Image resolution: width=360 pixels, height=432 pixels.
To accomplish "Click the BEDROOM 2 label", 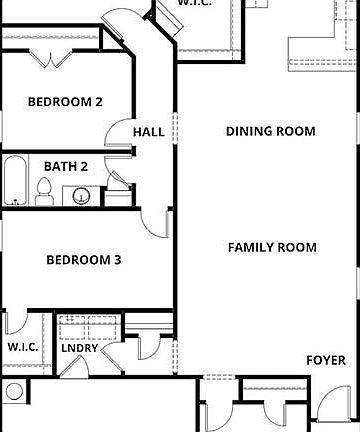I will click(64, 101).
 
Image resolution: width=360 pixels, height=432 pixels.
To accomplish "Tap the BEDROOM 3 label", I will click(84, 260).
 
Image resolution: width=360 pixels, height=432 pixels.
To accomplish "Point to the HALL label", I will click(148, 131).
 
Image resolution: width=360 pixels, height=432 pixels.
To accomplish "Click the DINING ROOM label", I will click(270, 131).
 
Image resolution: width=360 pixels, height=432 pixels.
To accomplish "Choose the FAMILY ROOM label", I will click(272, 247).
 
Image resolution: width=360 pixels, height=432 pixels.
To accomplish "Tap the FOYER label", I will click(326, 360).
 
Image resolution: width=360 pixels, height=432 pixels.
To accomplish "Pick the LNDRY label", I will click(79, 348).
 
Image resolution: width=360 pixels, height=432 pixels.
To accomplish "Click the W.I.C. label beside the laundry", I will click(23, 347).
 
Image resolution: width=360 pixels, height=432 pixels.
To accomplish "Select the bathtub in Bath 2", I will click(15, 181).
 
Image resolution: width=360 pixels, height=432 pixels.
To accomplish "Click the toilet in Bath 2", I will click(44, 188).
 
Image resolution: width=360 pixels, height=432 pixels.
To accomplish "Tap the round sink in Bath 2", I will click(82, 194).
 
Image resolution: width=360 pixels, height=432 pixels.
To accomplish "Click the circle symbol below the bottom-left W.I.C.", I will click(13, 390).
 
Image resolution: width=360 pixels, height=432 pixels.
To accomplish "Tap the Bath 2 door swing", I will click(118, 183).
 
